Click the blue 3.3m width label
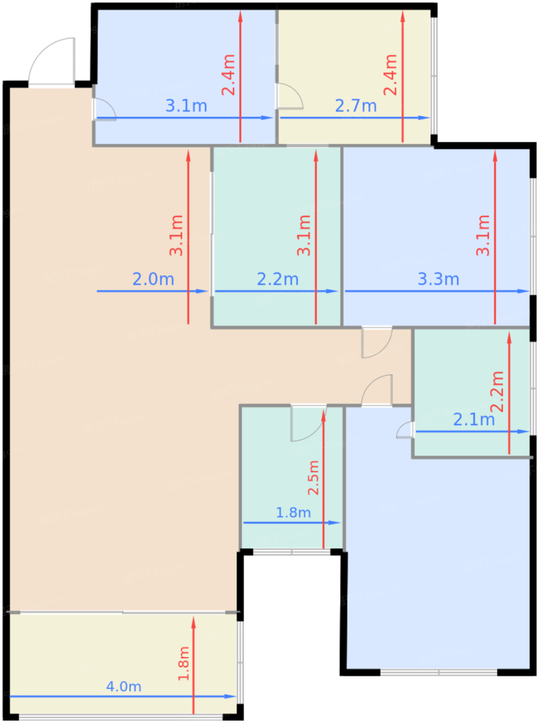click(438, 279)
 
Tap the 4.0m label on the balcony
click(124, 686)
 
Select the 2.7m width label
click(356, 106)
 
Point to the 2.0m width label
click(153, 279)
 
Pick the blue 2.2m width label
click(278, 279)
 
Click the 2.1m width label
click(474, 419)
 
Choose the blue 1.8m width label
click(294, 512)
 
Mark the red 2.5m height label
click(313, 478)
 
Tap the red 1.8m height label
click(183, 663)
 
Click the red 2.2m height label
click(497, 391)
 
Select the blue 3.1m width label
click(187, 106)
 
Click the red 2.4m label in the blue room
click(228, 75)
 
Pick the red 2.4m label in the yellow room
click(390, 75)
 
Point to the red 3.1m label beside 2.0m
click(176, 235)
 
